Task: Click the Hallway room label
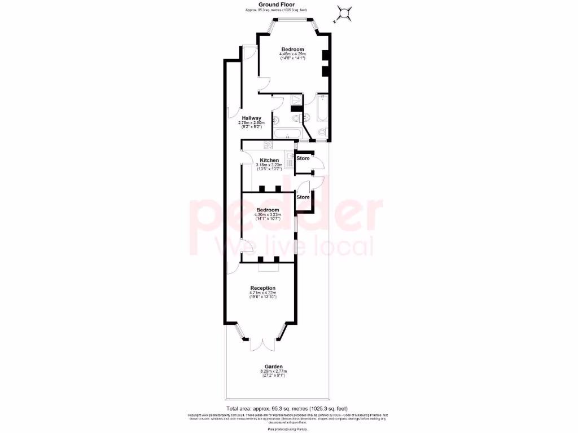252,118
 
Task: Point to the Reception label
262,288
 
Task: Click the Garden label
273,366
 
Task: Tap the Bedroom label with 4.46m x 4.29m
293,50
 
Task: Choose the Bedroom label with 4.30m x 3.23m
267,210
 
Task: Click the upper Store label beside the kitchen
303,158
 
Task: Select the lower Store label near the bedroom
303,197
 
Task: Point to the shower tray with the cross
296,100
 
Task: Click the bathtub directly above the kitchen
287,134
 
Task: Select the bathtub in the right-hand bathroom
322,109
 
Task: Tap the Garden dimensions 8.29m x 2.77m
273,373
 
